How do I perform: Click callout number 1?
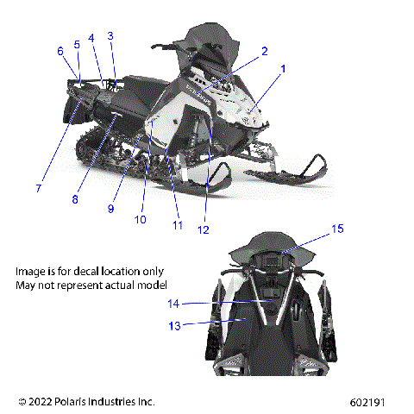click(x=282, y=67)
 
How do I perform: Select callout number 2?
click(x=265, y=51)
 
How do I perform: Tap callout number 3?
click(x=110, y=35)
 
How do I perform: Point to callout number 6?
click(x=60, y=52)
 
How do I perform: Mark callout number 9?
click(x=111, y=208)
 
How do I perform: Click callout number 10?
click(x=141, y=219)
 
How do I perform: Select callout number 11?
click(x=178, y=226)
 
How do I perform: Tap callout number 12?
click(x=204, y=230)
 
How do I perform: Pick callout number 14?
click(x=173, y=304)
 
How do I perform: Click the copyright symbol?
click(x=22, y=402)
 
